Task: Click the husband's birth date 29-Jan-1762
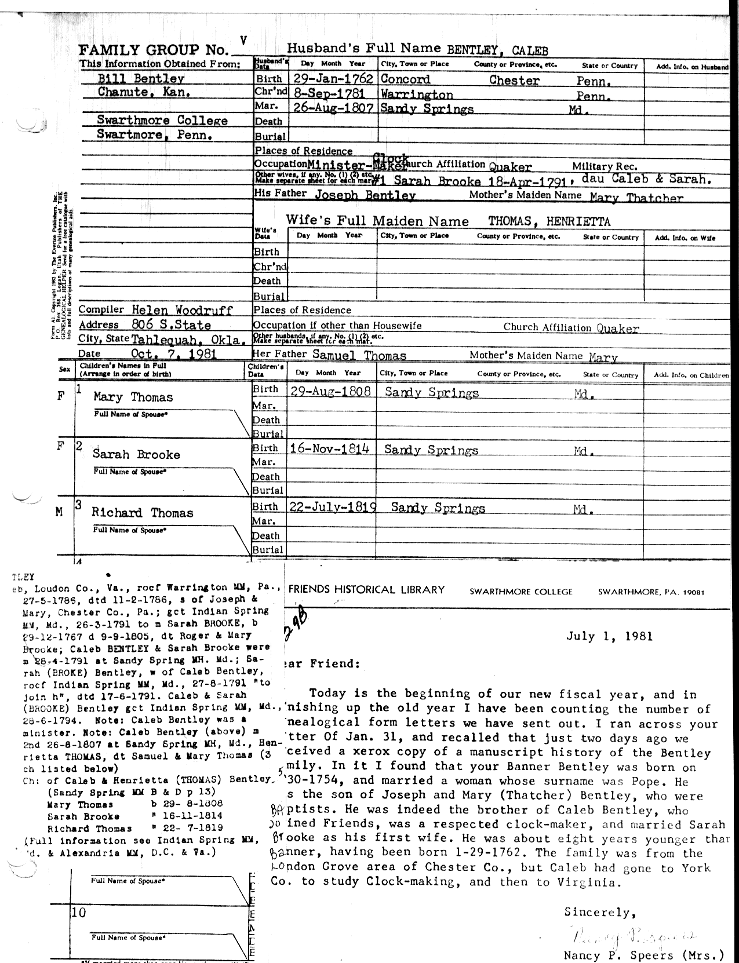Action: tap(332, 79)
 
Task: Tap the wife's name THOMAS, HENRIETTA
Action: tap(549, 221)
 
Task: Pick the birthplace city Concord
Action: tap(405, 79)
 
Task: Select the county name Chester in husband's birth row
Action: tap(514, 81)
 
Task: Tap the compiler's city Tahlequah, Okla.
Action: tap(186, 340)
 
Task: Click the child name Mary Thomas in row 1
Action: tap(133, 397)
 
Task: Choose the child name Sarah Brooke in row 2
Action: tap(136, 454)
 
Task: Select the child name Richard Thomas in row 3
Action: tap(142, 513)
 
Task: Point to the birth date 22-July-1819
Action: tap(333, 507)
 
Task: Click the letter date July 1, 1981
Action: tap(609, 636)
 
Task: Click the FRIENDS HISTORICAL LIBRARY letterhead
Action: tap(366, 590)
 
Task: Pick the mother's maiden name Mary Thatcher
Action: tap(636, 198)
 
